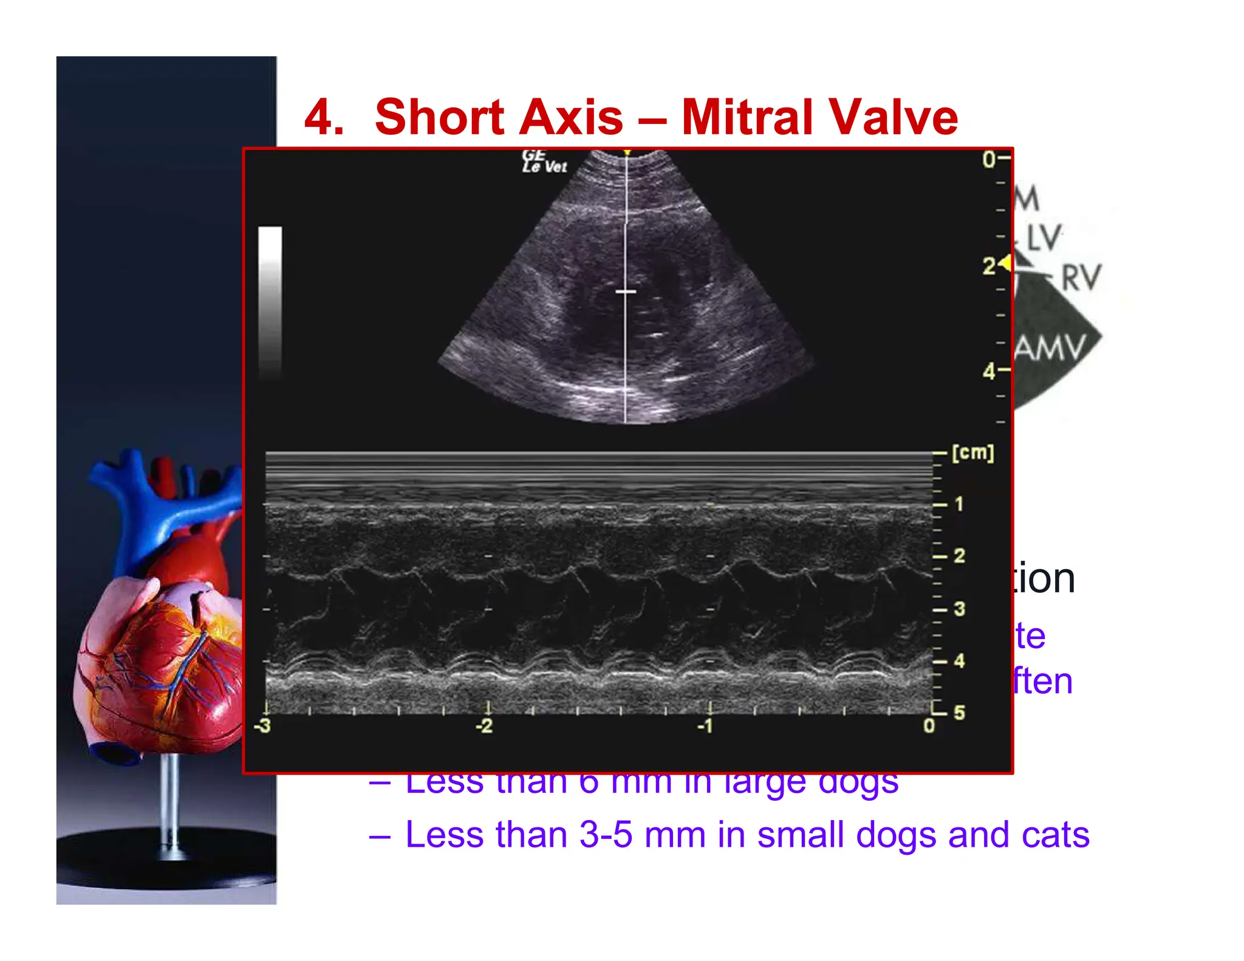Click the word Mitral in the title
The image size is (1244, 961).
coord(747,117)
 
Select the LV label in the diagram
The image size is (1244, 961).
coord(1044,237)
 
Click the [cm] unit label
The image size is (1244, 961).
coord(972,453)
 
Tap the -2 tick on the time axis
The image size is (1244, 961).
coord(484,725)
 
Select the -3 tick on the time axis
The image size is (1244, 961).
coord(262,725)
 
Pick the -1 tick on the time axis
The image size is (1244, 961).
coord(705,725)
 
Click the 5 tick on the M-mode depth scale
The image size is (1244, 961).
coord(959,713)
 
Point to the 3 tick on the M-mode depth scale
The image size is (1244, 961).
coord(959,609)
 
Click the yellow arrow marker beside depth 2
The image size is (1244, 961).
coord(1005,263)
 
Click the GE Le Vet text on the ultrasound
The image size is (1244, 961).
coord(543,162)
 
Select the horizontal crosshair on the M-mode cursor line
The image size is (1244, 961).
coord(626,292)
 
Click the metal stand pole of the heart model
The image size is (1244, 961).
coord(173,802)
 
